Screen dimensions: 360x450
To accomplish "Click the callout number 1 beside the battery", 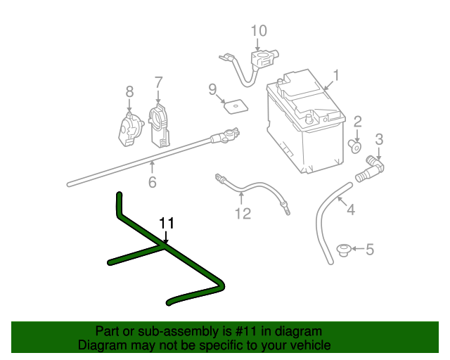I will pyautogui.click(x=336, y=75).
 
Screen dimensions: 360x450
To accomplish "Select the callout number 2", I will pyautogui.click(x=357, y=122).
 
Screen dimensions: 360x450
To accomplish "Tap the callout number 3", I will pyautogui.click(x=378, y=139).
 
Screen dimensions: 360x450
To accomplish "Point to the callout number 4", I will pyautogui.click(x=351, y=209).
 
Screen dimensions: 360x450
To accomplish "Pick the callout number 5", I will pyautogui.click(x=370, y=248).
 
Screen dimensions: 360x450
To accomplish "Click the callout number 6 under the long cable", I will pyautogui.click(x=152, y=183).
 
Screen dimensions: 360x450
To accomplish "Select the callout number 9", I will pyautogui.click(x=212, y=89).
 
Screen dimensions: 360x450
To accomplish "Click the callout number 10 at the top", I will pyautogui.click(x=259, y=30).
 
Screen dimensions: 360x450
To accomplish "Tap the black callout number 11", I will pyautogui.click(x=166, y=223).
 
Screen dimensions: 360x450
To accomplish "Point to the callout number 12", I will pyautogui.click(x=242, y=213).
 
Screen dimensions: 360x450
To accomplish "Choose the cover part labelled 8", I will pyautogui.click(x=128, y=129).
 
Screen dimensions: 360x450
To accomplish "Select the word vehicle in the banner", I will pyautogui.click(x=309, y=345).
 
